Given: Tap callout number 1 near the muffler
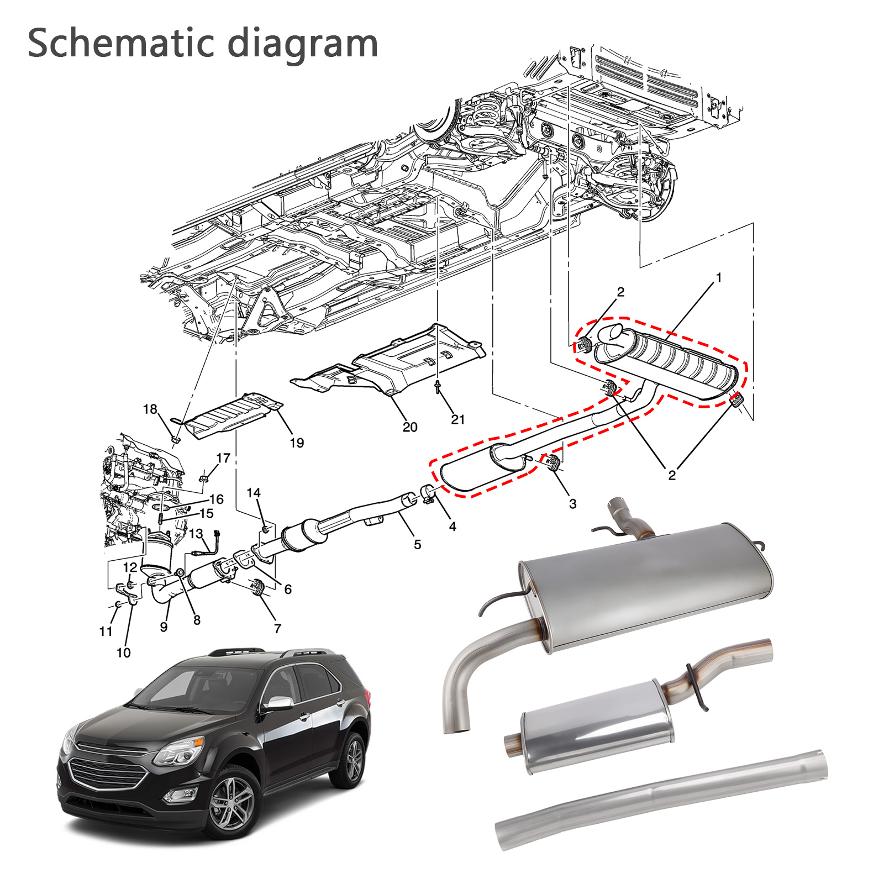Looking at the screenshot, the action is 719,277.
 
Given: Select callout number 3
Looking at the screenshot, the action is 572,503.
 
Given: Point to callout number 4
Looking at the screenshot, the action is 452,527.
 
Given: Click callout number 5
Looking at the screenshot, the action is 417,544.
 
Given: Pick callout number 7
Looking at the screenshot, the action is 277,628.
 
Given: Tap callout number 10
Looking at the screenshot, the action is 124,653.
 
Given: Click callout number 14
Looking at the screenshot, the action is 254,492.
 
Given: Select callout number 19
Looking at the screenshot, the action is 297,443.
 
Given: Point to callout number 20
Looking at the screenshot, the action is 410,427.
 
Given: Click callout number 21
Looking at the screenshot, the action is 458,419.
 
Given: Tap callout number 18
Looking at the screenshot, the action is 150,409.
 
